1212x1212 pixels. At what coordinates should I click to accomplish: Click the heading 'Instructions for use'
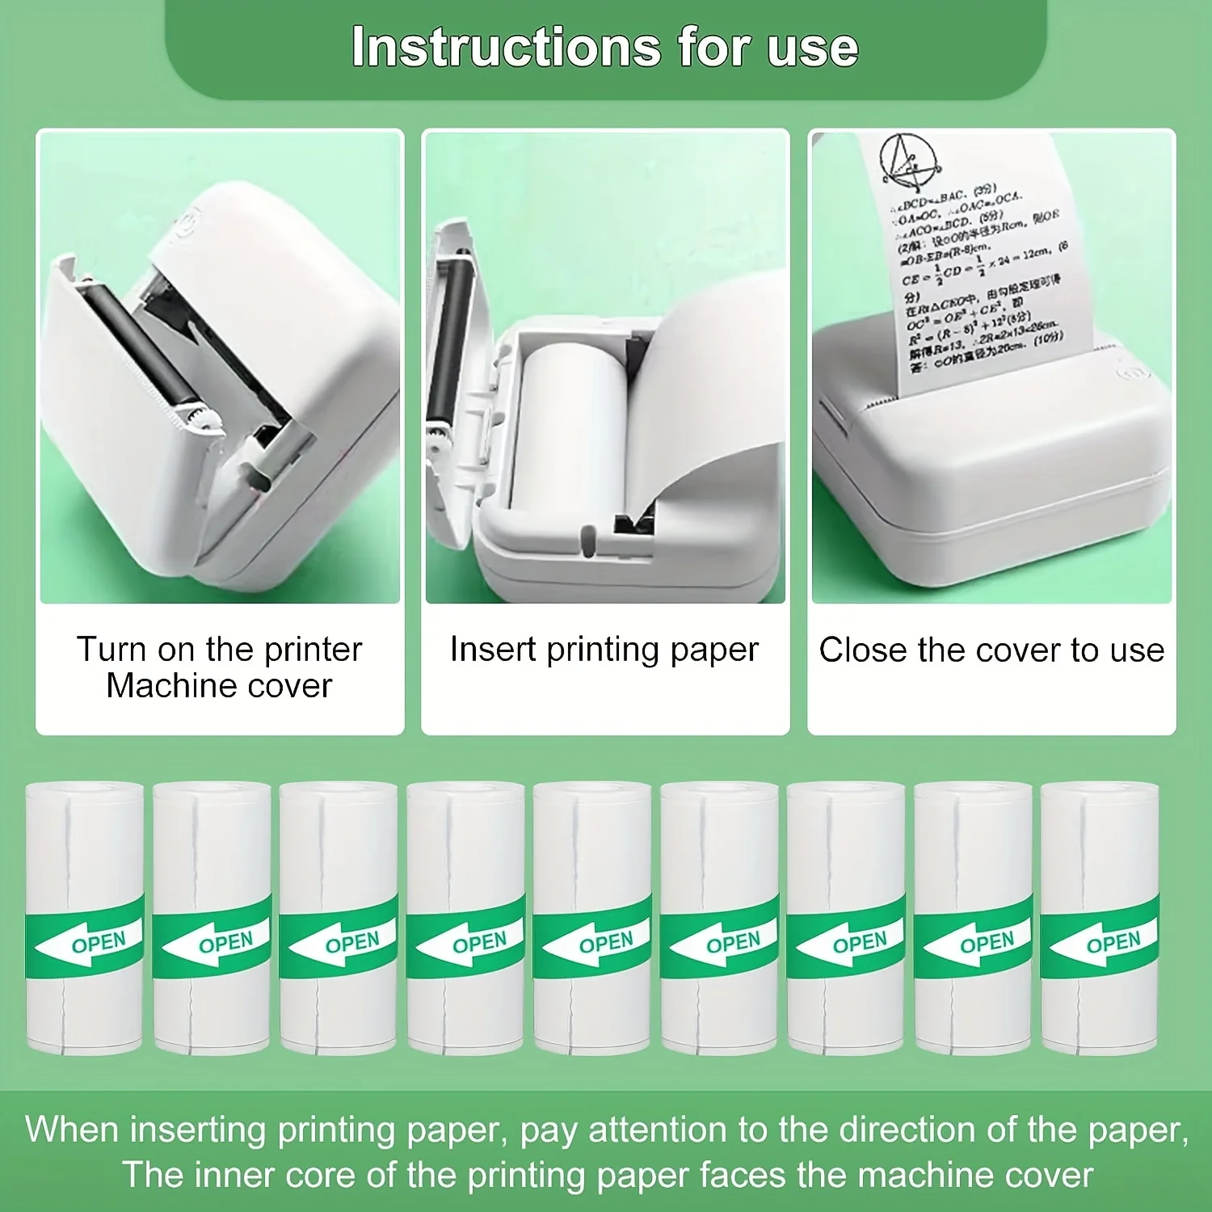604,47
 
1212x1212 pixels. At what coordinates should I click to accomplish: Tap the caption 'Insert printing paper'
604,650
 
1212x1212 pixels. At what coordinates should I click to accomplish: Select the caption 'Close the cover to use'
991,650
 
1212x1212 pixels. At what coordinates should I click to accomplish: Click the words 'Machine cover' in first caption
219,686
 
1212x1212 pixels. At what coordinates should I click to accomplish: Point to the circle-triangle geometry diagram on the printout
909,159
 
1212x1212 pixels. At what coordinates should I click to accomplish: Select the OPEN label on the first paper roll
99,943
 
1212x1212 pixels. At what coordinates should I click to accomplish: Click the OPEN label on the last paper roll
1113,943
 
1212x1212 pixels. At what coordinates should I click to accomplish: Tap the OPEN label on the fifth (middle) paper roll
606,943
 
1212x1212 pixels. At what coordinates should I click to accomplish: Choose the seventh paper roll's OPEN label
860,943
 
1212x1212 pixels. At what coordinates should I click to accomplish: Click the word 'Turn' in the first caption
111,650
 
